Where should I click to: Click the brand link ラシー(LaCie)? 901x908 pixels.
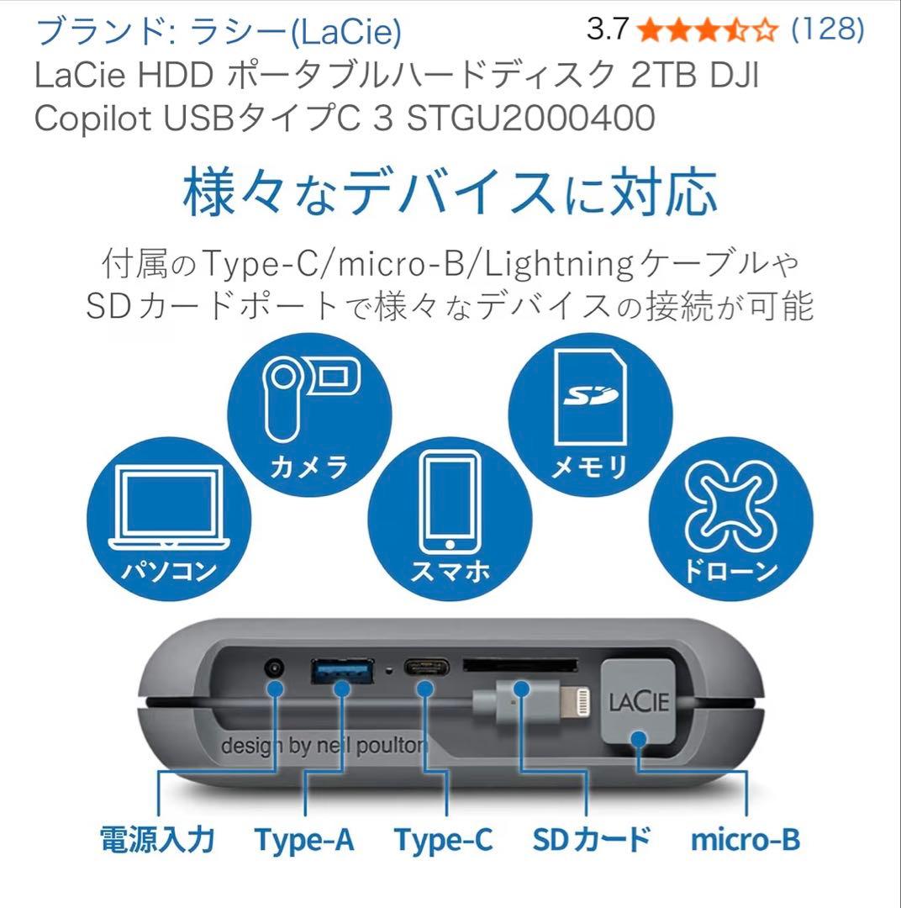click(x=219, y=32)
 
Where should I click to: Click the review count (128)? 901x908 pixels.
click(x=828, y=30)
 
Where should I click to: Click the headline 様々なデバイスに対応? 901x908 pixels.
click(x=450, y=193)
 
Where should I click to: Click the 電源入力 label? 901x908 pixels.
click(x=158, y=839)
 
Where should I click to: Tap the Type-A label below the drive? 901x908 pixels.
click(x=303, y=839)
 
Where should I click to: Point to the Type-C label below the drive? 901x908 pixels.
click(x=443, y=839)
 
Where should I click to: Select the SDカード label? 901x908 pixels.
click(x=592, y=839)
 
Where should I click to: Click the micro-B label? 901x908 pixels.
click(x=745, y=839)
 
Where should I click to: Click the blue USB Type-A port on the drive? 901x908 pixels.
click(x=342, y=670)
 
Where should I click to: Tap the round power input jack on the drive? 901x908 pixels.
click(x=273, y=669)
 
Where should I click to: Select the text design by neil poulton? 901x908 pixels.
click(x=324, y=746)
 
